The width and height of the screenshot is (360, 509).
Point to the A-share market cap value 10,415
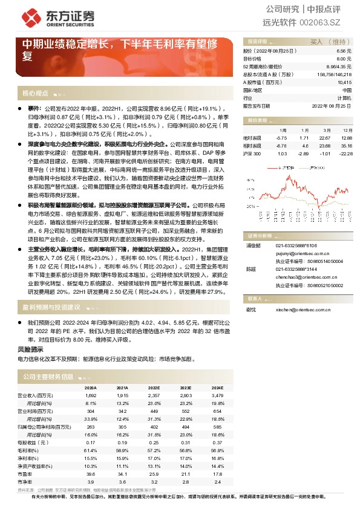(344, 82)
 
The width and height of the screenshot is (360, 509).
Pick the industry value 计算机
(344, 97)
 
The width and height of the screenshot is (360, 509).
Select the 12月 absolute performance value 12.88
(347, 137)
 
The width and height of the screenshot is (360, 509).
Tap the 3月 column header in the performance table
(326, 130)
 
